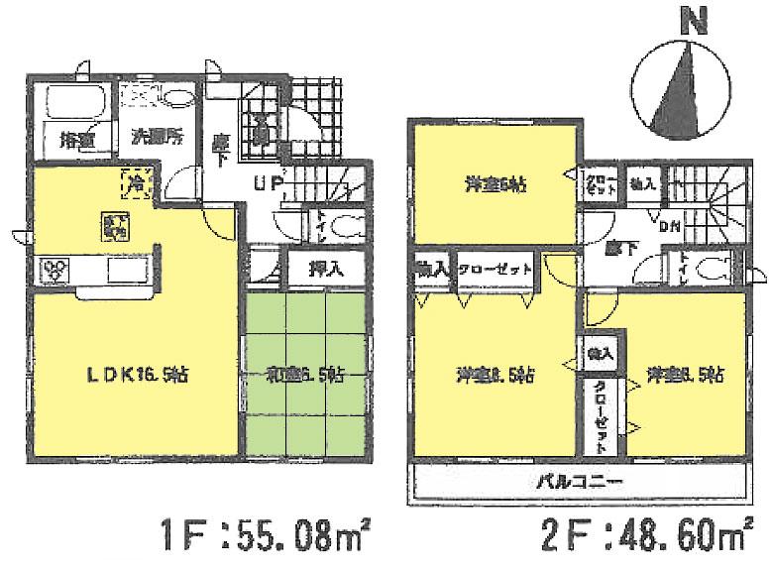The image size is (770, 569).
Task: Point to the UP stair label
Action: click(271, 182)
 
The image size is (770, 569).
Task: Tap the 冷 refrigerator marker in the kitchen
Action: click(134, 181)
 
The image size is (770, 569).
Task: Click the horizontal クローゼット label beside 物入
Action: click(495, 269)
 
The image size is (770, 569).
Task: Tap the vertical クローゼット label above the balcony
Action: click(602, 419)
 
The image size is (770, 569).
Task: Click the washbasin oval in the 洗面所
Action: click(178, 96)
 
